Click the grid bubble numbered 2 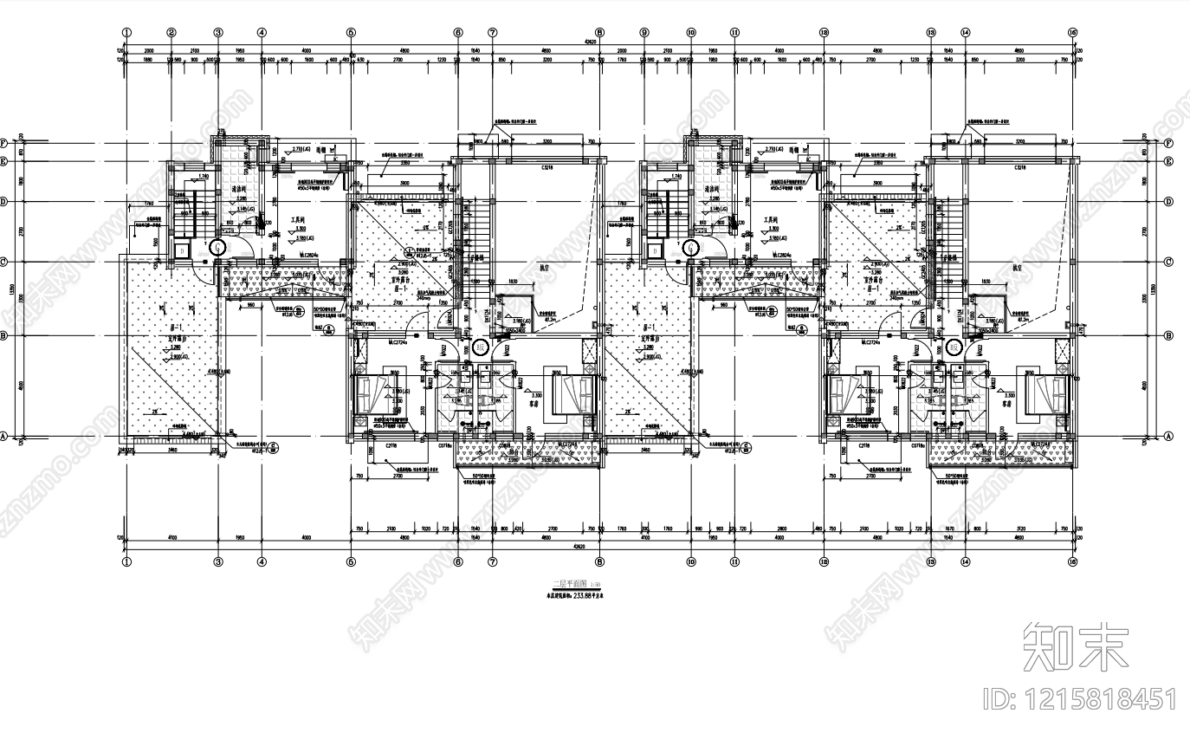(x=171, y=32)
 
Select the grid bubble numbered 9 (x=644, y=32)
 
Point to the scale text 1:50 (x=595, y=586)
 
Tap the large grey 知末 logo (x=1077, y=646)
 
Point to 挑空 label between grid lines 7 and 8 (x=545, y=268)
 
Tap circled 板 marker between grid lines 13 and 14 (x=954, y=348)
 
